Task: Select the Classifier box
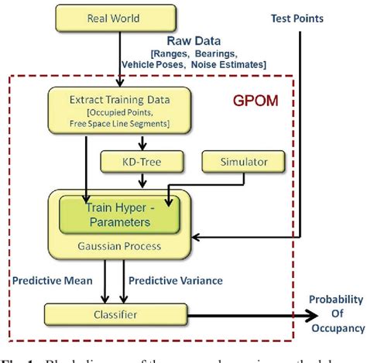coord(119,315)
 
